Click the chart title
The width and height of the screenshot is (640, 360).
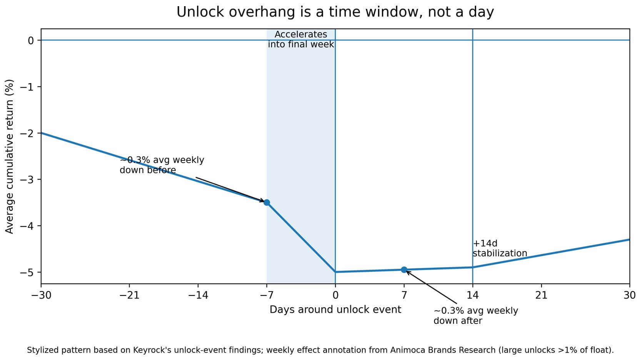point(335,12)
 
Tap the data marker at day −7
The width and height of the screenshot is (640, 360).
point(267,202)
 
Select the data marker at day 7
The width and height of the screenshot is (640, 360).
point(404,270)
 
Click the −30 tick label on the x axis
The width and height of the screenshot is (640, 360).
point(41,295)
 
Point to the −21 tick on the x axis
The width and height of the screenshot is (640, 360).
point(129,295)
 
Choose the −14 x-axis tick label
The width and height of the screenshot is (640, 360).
point(198,295)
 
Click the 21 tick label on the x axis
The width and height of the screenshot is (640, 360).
point(541,295)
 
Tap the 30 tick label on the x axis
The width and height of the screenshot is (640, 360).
point(629,295)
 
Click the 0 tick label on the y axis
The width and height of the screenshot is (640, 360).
point(31,40)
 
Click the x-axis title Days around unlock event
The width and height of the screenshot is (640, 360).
point(335,310)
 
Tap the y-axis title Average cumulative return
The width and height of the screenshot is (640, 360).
point(10,156)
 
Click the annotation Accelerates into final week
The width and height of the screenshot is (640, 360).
point(301,40)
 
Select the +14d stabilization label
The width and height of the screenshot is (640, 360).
point(499,248)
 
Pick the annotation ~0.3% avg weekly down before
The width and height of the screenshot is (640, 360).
point(162,165)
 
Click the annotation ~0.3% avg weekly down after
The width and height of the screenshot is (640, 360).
point(475,316)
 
